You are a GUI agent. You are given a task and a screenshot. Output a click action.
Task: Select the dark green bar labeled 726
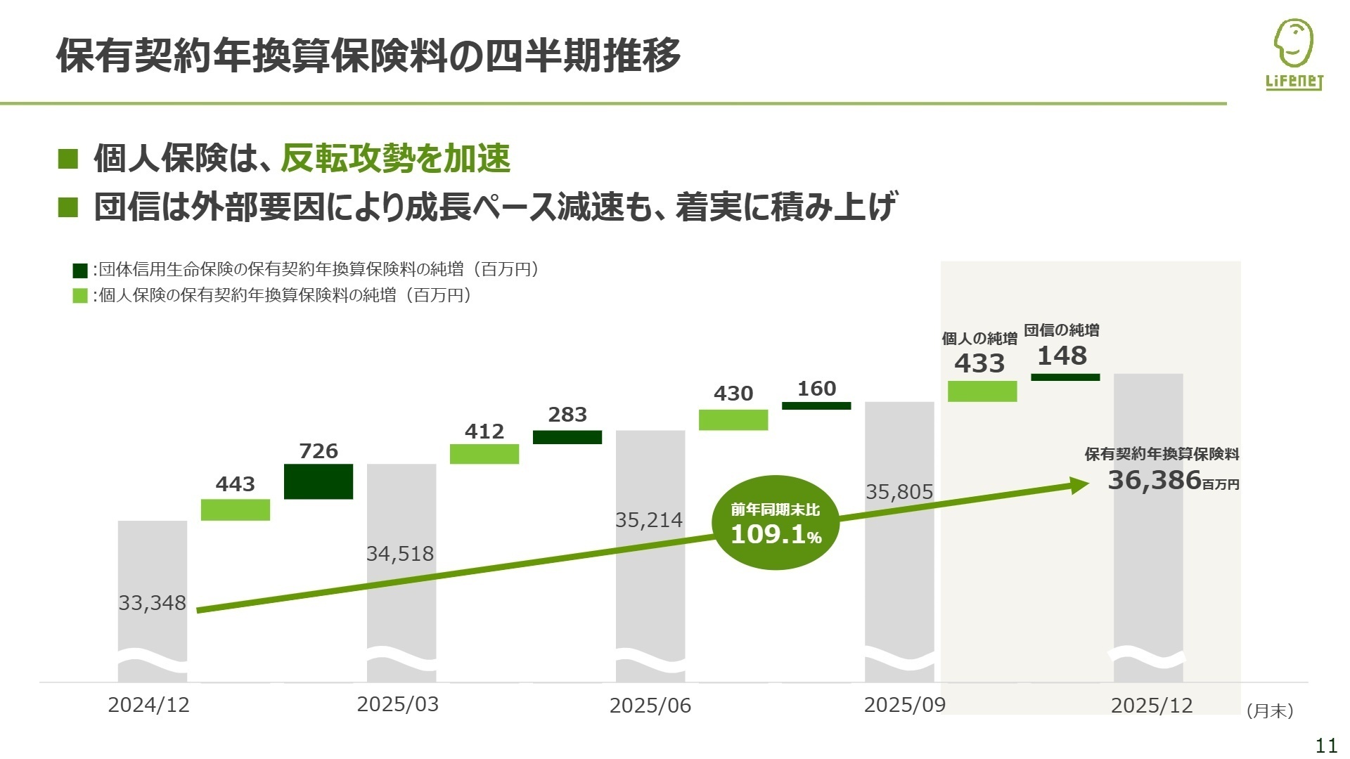319,481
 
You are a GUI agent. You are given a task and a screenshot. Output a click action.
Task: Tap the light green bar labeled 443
236,510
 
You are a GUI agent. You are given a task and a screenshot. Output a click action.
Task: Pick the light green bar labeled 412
484,454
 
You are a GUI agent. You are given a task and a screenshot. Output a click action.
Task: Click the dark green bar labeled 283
567,437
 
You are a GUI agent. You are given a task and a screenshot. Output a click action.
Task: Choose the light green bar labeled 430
733,420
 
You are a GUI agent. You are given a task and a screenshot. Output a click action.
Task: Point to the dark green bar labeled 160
816,406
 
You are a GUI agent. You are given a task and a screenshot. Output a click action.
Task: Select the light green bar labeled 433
982,391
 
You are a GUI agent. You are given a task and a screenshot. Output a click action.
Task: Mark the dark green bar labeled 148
1065,377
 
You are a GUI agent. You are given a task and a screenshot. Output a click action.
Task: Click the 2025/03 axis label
398,704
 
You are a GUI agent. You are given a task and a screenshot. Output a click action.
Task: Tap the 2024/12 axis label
149,705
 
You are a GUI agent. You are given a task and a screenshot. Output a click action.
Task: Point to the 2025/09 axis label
905,705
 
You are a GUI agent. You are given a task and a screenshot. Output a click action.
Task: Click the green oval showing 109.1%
776,523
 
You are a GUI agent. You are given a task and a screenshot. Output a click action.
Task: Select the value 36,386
1155,481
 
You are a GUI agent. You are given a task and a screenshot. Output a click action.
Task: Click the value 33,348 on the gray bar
152,603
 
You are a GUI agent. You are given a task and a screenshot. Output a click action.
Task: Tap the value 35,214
649,520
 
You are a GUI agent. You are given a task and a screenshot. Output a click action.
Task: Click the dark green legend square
80,271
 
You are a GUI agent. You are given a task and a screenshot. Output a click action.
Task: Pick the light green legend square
80,296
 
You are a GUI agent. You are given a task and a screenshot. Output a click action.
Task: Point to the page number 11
1326,746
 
